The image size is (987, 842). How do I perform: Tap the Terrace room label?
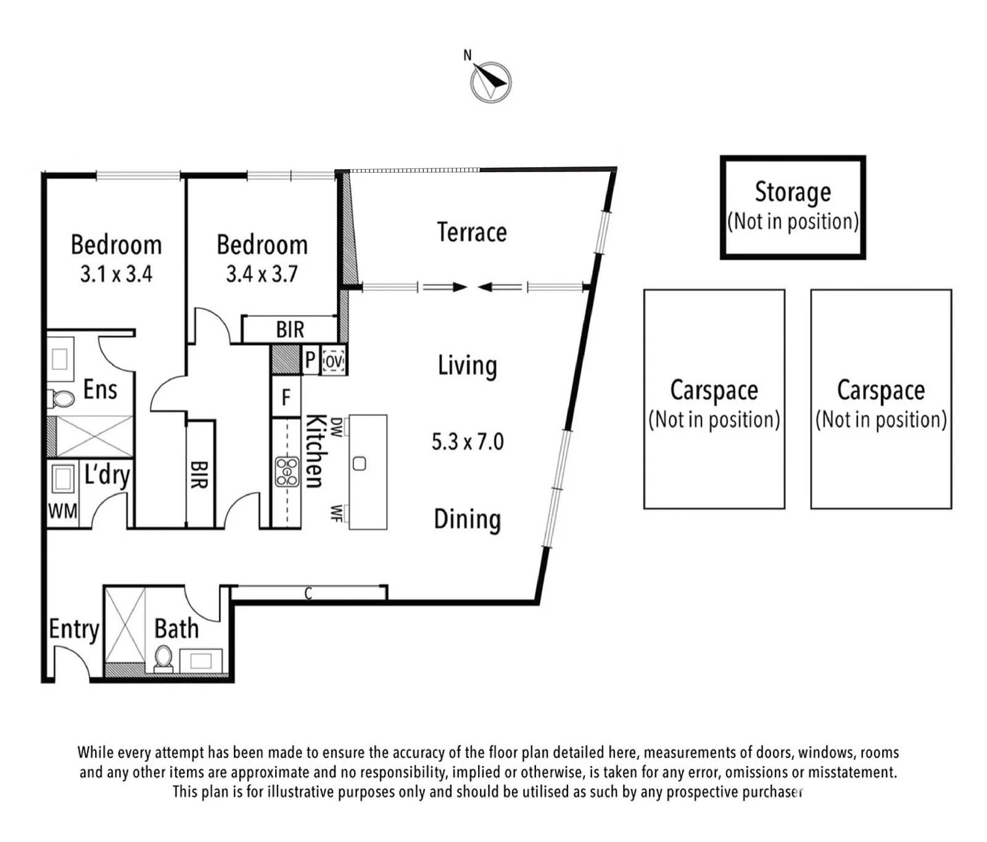click(x=472, y=233)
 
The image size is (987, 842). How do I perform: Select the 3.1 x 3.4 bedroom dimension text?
click(x=116, y=273)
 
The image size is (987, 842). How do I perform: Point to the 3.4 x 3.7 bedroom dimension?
click(x=262, y=273)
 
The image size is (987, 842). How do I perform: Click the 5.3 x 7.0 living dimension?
click(x=468, y=442)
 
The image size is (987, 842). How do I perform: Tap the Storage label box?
click(x=793, y=207)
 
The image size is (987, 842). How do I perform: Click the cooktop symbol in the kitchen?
click(x=287, y=472)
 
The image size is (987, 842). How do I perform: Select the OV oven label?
click(x=334, y=361)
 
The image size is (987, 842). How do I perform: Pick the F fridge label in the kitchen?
click(x=286, y=397)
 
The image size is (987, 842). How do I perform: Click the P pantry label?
click(x=310, y=360)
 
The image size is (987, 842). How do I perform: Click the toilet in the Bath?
click(x=163, y=658)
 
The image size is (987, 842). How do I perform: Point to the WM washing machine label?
click(x=63, y=511)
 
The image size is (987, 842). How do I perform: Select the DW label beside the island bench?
click(x=336, y=427)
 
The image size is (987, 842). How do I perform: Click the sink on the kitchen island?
click(x=360, y=464)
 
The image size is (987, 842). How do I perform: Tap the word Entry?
click(x=74, y=630)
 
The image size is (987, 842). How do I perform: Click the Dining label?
click(x=468, y=520)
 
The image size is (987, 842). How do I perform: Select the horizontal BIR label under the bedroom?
click(x=290, y=330)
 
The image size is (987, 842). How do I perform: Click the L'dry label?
click(x=107, y=476)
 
